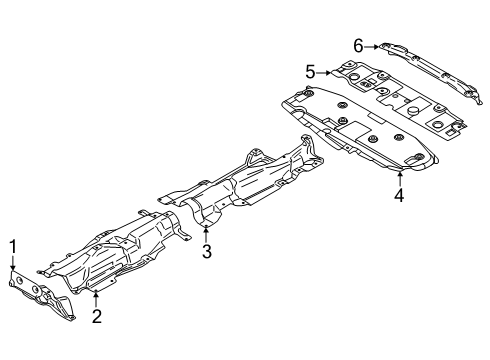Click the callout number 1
(14, 245)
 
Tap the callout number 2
(97, 317)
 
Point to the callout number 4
(398, 196)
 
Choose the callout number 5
(310, 71)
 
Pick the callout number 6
(358, 44)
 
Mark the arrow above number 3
(207, 232)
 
